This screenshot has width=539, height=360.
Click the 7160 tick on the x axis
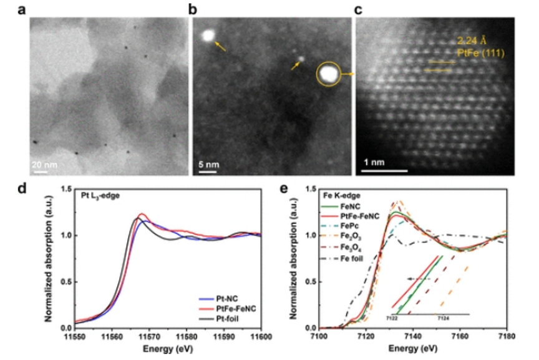click(x=460, y=337)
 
